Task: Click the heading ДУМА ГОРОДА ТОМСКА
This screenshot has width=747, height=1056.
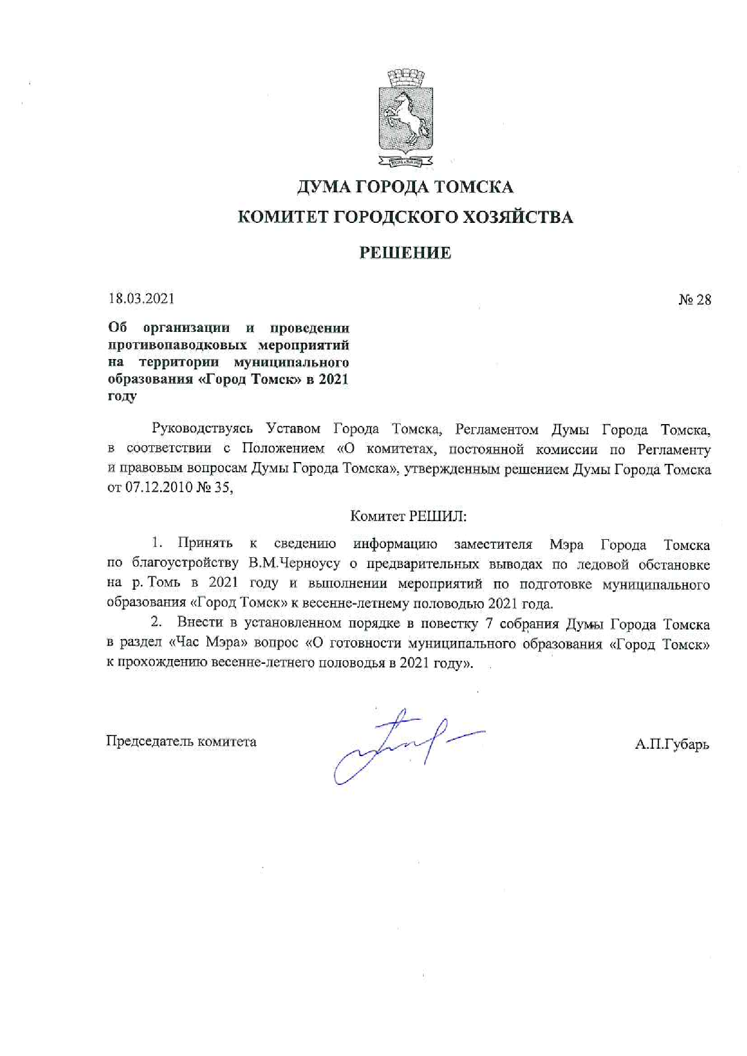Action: point(405,187)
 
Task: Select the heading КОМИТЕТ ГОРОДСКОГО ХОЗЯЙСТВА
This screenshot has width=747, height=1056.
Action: point(405,217)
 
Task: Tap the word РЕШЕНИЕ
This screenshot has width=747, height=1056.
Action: point(405,253)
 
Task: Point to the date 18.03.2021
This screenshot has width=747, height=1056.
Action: point(141,298)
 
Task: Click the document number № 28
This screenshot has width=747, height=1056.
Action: point(695,299)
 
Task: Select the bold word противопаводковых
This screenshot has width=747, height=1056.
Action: point(177,345)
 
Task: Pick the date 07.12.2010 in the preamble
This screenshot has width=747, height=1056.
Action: point(158,488)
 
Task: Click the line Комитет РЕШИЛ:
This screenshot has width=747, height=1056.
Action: point(408,516)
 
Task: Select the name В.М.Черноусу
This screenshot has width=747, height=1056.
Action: point(294,564)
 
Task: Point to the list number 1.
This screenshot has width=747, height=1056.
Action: point(157,543)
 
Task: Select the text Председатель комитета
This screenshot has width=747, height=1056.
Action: point(181,742)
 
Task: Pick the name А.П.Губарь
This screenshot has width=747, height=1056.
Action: point(672,745)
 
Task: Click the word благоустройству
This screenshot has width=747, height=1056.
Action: point(185,564)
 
